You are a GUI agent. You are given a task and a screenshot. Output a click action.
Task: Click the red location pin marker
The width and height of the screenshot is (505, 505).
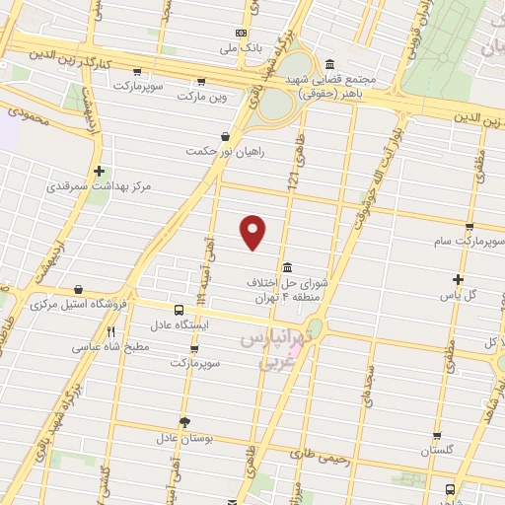click(x=253, y=231)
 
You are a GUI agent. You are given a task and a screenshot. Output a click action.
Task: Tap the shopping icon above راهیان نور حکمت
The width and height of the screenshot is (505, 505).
click(x=226, y=136)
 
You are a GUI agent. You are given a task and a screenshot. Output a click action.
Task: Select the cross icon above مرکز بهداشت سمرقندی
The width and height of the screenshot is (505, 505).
click(x=99, y=171)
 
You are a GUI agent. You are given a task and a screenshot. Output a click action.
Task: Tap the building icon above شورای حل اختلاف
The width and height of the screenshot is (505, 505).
click(x=286, y=268)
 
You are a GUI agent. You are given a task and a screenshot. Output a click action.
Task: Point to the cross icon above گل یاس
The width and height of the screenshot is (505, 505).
click(x=458, y=279)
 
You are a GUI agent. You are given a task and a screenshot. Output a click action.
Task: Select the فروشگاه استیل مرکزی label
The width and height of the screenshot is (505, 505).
click(x=78, y=305)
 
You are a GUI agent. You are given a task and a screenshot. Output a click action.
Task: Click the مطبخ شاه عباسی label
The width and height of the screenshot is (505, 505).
click(x=110, y=347)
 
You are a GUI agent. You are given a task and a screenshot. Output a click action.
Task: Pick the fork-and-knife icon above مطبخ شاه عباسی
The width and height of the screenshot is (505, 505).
click(x=110, y=332)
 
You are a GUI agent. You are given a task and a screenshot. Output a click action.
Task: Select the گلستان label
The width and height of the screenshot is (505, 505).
click(x=437, y=450)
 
